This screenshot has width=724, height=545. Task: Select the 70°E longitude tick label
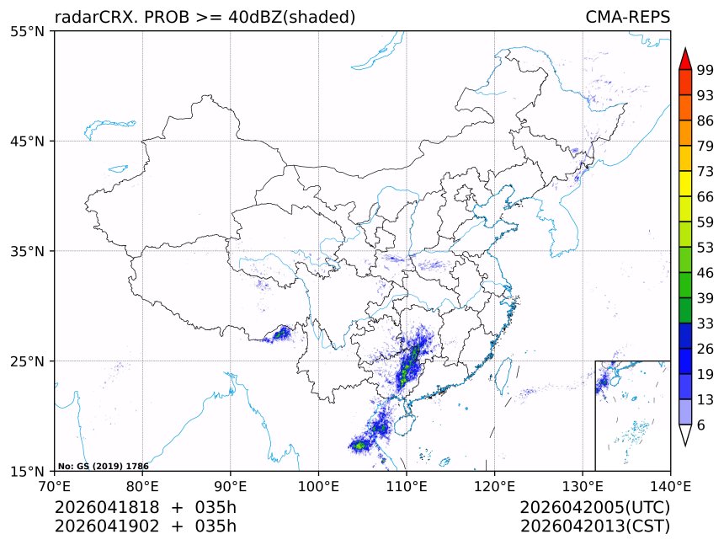pos(55,485)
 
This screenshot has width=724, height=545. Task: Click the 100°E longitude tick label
pos(318,485)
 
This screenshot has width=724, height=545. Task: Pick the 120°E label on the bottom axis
pos(494,485)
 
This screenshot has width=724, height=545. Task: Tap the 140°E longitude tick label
pos(670,485)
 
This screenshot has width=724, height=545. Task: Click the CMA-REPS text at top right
pos(627,17)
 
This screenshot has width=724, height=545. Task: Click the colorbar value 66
pos(705,196)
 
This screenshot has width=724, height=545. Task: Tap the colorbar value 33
pos(705,323)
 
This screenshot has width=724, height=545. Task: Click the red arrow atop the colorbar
pos(684,59)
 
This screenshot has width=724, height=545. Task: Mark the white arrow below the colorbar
pos(684,435)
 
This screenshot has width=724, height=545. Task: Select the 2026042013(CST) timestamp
pos(594,526)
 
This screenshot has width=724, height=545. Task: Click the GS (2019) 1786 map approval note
pos(104,466)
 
